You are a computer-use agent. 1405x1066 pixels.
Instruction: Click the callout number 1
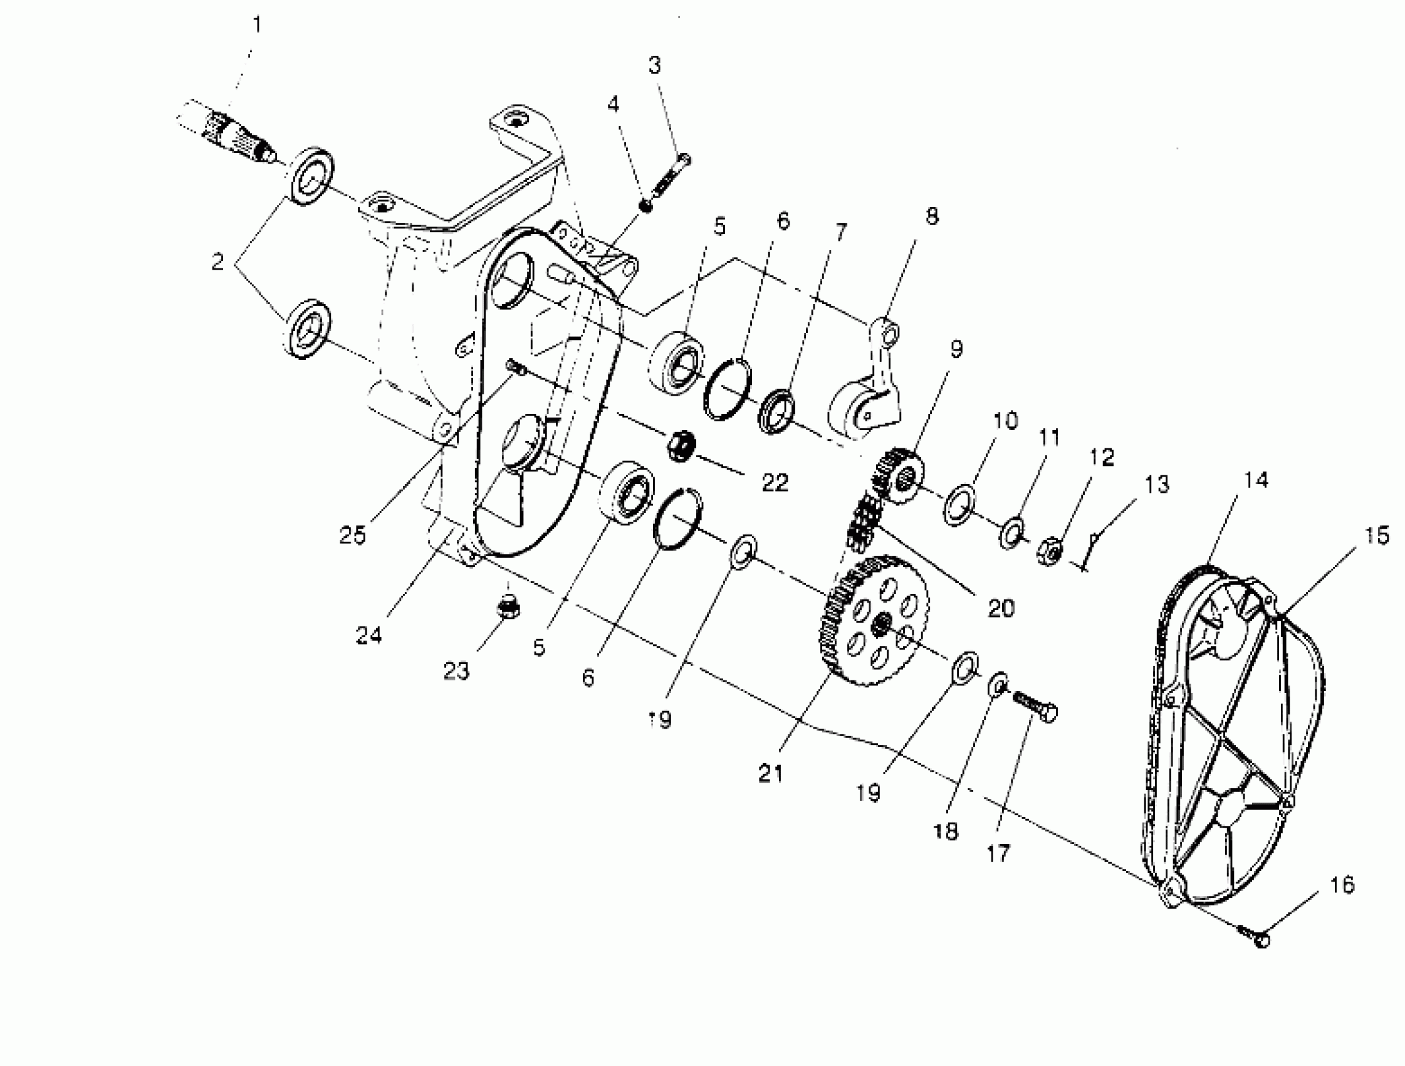[256, 26]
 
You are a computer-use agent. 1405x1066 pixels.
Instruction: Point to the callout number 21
[770, 774]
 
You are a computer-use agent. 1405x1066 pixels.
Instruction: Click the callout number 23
[456, 670]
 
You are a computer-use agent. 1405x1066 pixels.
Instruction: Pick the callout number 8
[931, 216]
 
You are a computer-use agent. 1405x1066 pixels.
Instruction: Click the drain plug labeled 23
[508, 607]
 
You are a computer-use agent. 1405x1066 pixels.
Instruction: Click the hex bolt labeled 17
[1036, 707]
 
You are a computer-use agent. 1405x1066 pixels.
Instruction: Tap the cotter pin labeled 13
[1090, 551]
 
